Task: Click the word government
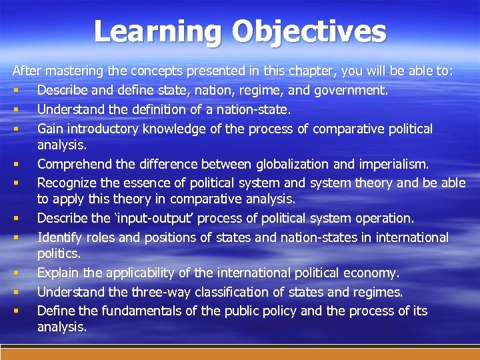point(351,90)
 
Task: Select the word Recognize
point(68,183)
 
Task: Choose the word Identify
point(57,237)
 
